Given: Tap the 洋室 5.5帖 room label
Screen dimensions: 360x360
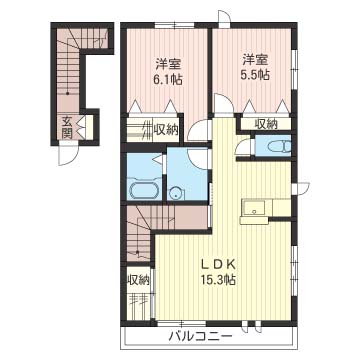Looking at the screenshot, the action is (x=255, y=68).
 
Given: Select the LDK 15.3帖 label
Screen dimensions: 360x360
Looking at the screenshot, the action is (x=219, y=272).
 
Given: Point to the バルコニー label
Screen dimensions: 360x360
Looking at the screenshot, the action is (x=200, y=337).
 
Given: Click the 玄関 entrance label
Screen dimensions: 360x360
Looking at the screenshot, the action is (x=67, y=128).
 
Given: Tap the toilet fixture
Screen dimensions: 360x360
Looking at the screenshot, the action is (x=279, y=146).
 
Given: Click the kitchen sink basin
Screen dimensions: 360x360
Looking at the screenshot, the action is (x=254, y=208).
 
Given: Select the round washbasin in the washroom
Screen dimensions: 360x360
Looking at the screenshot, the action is (x=176, y=193).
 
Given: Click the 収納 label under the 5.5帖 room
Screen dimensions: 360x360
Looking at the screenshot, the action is (x=266, y=124).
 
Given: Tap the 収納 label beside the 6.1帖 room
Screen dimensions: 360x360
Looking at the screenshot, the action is (x=166, y=128).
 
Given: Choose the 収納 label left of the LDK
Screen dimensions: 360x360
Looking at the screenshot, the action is (x=138, y=280).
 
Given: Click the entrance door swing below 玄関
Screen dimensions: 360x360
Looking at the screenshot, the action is (x=69, y=156).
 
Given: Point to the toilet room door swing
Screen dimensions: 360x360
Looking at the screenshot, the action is (x=244, y=147).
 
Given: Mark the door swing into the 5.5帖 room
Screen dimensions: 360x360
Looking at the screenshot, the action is (x=223, y=103).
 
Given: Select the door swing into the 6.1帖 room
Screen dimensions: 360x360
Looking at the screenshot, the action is (x=198, y=130).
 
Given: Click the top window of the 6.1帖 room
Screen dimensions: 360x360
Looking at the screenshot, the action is (x=175, y=25).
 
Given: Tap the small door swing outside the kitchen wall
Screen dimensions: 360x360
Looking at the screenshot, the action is (x=302, y=188).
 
